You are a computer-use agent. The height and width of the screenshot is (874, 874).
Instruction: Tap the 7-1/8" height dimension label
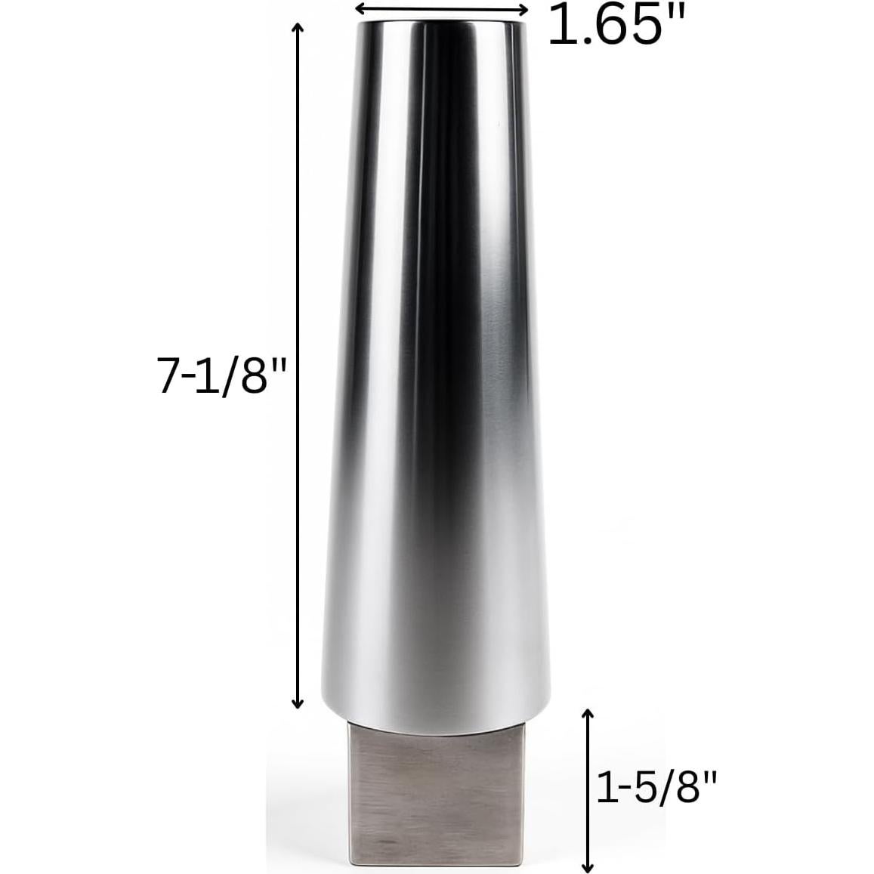click(213, 375)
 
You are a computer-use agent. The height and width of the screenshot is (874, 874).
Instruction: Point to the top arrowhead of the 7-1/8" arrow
click(298, 27)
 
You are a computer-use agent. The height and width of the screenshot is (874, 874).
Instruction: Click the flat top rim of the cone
click(441, 24)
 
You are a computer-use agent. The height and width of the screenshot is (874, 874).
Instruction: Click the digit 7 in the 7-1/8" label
click(168, 375)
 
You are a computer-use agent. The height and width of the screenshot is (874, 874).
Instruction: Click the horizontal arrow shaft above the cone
click(441, 8)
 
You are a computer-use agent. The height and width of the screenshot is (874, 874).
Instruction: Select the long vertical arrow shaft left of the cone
click(298, 363)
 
